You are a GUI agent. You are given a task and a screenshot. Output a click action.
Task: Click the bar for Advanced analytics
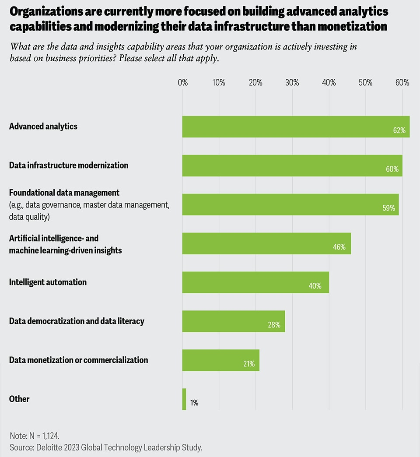tap(296, 127)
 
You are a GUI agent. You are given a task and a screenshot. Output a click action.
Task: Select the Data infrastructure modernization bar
tap(292, 165)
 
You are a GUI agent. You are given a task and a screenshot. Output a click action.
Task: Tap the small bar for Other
tap(184, 399)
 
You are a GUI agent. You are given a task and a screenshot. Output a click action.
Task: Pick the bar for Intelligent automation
tap(255, 282)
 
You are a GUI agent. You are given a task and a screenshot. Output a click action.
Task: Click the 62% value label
tap(399, 130)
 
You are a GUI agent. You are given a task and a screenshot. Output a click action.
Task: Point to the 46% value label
tap(339, 247)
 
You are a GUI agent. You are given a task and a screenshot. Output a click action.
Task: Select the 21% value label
tap(248, 364)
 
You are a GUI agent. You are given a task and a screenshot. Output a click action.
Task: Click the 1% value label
tap(194, 403)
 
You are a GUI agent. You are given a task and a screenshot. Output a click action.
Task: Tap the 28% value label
tap(274, 325)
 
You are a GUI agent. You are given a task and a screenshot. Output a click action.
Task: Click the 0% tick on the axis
tap(182, 82)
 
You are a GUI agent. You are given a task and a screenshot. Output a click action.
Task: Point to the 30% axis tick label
tap(292, 82)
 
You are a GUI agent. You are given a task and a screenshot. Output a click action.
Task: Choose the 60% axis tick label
tap(402, 82)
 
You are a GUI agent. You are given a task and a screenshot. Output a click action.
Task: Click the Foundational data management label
tap(64, 193)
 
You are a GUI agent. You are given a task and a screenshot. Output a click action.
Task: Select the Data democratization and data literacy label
tap(77, 321)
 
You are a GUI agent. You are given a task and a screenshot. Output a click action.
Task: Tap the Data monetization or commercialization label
tap(79, 360)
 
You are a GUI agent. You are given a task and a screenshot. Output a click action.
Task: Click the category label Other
tap(19, 399)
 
